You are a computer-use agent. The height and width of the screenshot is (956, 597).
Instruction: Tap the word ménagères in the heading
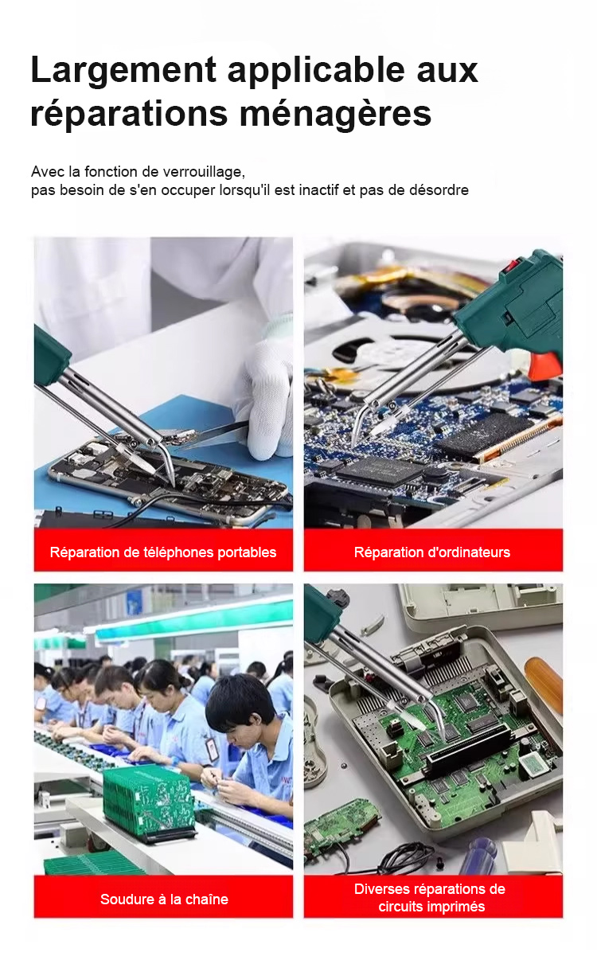point(335,114)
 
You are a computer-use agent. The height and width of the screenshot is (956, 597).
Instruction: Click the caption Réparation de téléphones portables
point(163,552)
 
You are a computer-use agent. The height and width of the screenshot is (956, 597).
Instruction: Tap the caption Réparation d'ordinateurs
point(432,552)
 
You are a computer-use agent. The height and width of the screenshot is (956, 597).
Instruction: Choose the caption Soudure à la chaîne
point(164,899)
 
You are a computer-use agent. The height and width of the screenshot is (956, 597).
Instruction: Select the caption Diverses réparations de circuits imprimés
point(430,898)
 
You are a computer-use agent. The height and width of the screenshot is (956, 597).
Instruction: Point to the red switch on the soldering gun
point(510,265)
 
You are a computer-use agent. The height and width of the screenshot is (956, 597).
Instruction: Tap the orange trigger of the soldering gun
point(545,365)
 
